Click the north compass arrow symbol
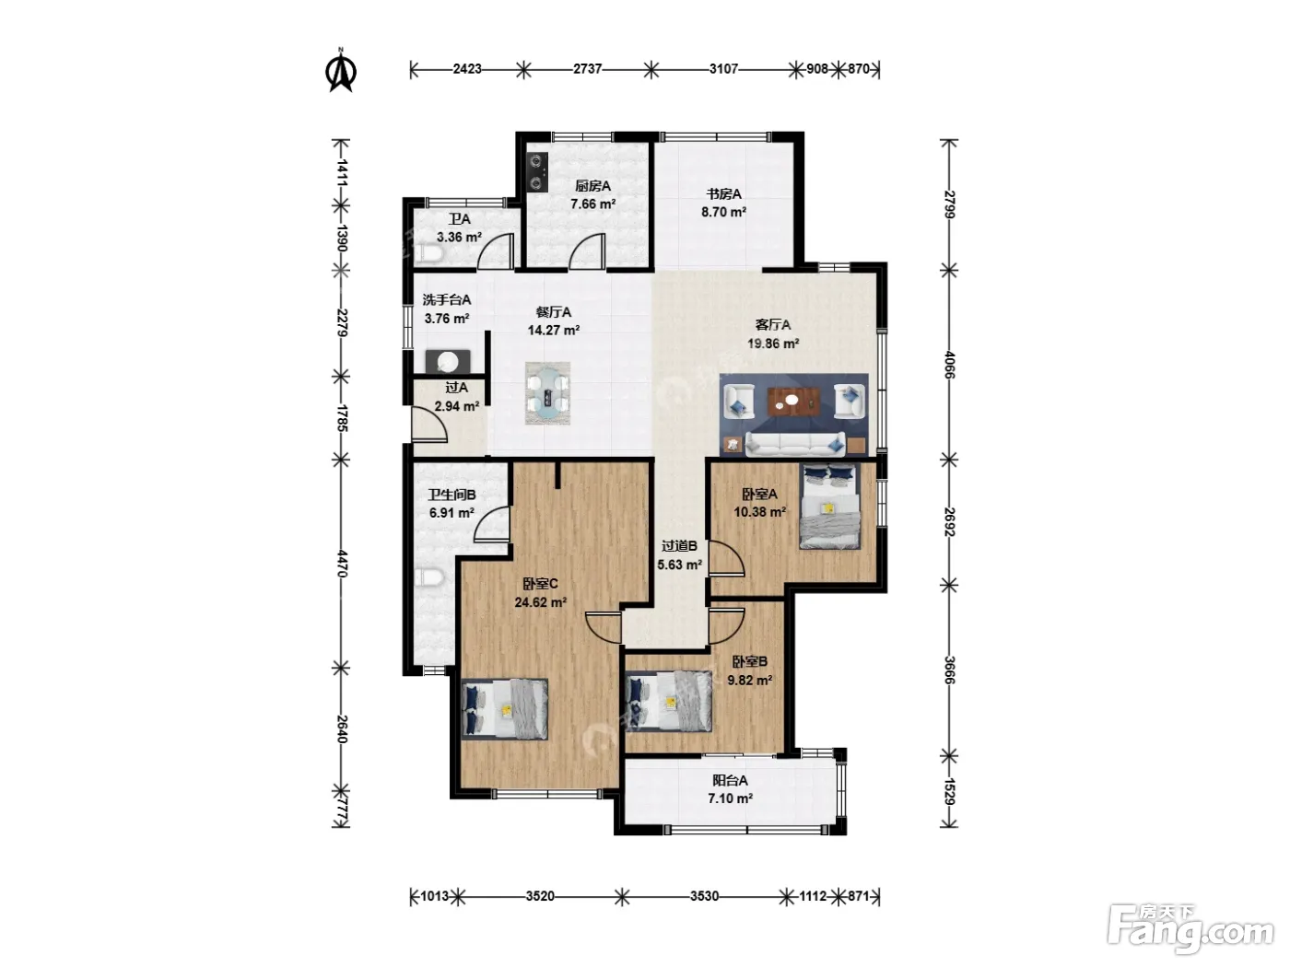pyautogui.click(x=341, y=71)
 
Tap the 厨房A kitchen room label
pyautogui.click(x=592, y=186)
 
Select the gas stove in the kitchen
pyautogui.click(x=537, y=172)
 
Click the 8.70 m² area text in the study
pyautogui.click(x=723, y=212)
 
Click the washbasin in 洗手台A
pyautogui.click(x=448, y=362)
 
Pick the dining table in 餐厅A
pyautogui.click(x=547, y=393)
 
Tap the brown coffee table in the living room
pyautogui.click(x=793, y=401)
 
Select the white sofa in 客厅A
pyautogui.click(x=795, y=445)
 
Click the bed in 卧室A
pyautogui.click(x=829, y=507)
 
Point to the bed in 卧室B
pyautogui.click(x=669, y=702)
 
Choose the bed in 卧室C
pyautogui.click(x=505, y=709)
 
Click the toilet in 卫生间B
pyautogui.click(x=429, y=577)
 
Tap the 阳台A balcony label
pyautogui.click(x=730, y=780)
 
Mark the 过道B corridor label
pyautogui.click(x=679, y=546)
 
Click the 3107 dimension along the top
pyautogui.click(x=723, y=69)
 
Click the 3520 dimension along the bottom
pyautogui.click(x=540, y=896)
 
